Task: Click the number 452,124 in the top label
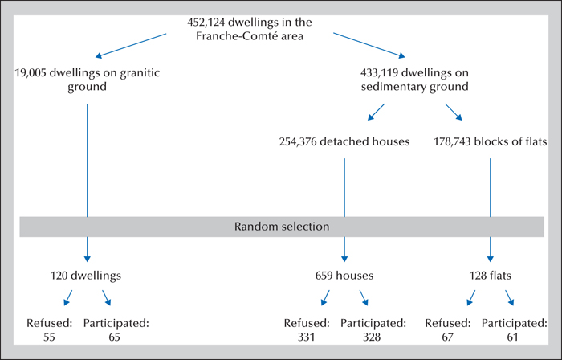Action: (x=206, y=22)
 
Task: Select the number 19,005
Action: (x=31, y=73)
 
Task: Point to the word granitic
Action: (x=140, y=73)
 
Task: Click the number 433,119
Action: (x=379, y=73)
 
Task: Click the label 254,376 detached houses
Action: (x=344, y=142)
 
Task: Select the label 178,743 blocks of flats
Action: (x=491, y=142)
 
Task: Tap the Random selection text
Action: (x=282, y=227)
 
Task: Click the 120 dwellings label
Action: (x=86, y=276)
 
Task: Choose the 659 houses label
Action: (x=344, y=276)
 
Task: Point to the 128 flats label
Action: (x=491, y=276)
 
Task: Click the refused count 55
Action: (x=49, y=337)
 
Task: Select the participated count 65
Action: (x=114, y=337)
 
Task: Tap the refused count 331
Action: (x=306, y=337)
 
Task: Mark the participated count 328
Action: (x=372, y=337)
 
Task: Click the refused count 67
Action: (x=447, y=337)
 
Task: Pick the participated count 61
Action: (x=512, y=337)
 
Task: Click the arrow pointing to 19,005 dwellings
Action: (x=131, y=46)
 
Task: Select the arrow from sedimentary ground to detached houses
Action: (x=376, y=112)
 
